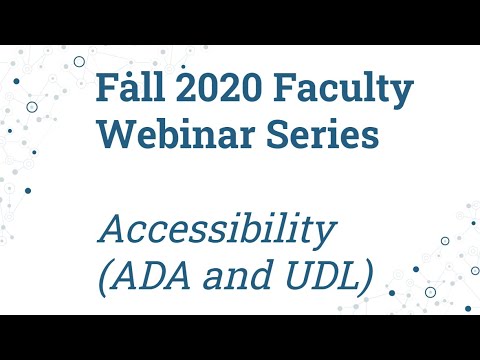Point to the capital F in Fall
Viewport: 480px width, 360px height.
point(106,89)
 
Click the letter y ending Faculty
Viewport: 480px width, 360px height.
point(402,95)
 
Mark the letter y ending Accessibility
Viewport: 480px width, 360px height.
point(322,236)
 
